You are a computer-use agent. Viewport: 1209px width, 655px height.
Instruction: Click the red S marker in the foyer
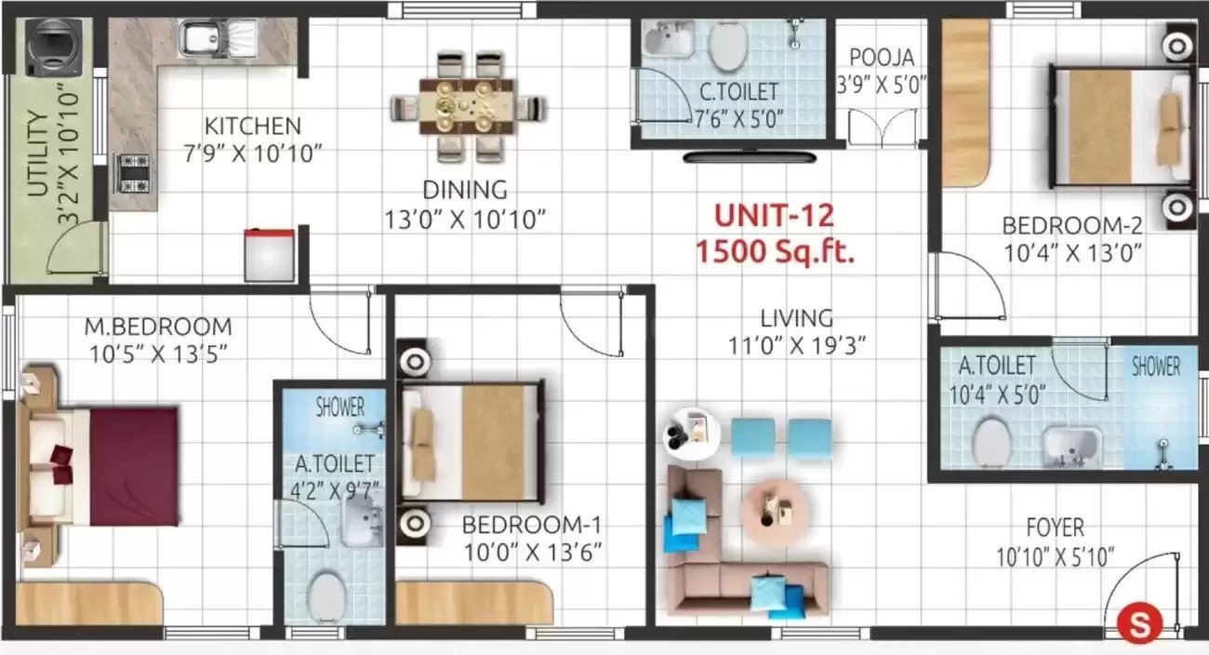(x=1134, y=622)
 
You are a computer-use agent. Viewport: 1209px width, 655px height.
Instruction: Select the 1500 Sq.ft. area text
(x=775, y=252)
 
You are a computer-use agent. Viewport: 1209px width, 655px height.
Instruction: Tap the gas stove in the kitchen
(x=131, y=171)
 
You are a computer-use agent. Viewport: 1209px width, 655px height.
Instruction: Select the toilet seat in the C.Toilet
(x=725, y=46)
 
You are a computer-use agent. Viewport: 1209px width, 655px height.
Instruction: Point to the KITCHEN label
(x=253, y=126)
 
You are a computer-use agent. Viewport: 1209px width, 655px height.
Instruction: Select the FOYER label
(x=1055, y=528)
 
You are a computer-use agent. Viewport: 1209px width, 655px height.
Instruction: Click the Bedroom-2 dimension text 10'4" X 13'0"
(x=1071, y=251)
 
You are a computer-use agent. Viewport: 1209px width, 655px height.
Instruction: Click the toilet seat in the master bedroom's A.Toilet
(x=325, y=595)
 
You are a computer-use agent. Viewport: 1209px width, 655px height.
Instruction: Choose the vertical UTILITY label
(x=37, y=154)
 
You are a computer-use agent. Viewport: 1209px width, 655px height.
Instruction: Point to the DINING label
(x=465, y=190)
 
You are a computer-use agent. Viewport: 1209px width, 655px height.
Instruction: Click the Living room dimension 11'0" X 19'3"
(x=798, y=345)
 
